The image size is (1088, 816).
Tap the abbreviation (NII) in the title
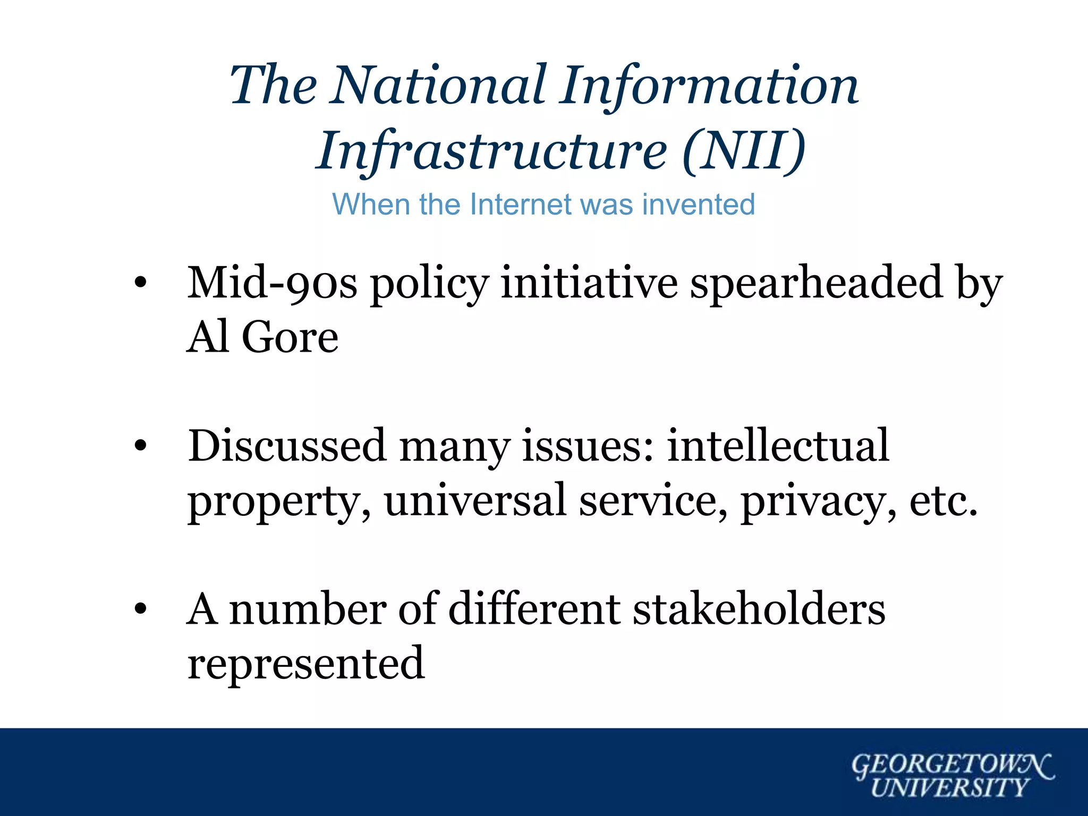tap(744, 151)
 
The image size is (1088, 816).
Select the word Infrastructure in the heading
tap(491, 152)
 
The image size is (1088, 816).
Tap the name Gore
tap(290, 338)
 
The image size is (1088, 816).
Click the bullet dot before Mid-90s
tap(140, 284)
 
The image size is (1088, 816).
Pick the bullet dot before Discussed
tap(140, 446)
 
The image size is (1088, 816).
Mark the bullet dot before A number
tap(140, 609)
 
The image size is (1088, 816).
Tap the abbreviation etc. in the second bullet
tap(943, 501)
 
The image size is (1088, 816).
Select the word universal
tap(475, 501)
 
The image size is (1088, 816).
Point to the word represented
tap(306, 664)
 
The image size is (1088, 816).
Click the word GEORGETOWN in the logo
tap(951, 766)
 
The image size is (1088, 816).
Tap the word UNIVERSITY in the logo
tap(949, 788)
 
